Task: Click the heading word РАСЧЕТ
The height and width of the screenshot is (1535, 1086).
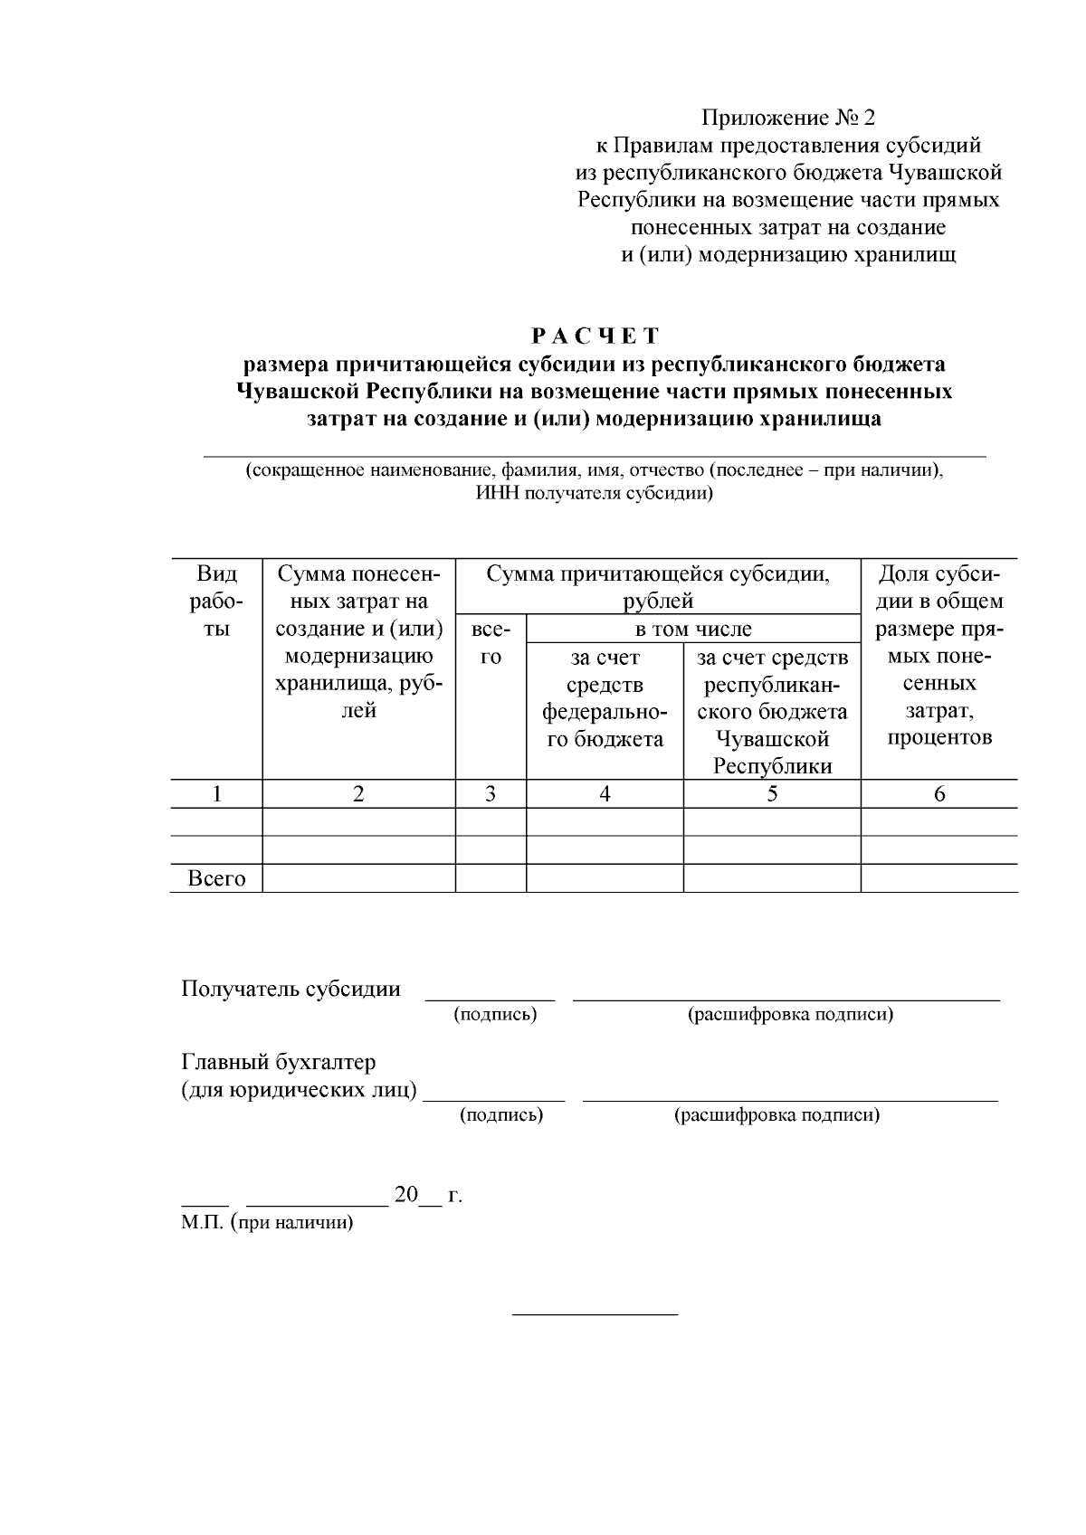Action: coord(595,336)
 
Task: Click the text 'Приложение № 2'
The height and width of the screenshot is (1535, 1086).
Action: coord(789,118)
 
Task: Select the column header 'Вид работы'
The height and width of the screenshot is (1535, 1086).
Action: coord(216,602)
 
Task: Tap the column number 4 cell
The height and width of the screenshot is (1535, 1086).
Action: coord(605,794)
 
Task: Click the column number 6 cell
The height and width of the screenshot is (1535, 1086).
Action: coord(938,794)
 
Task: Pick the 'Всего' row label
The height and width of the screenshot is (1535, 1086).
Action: coord(216,878)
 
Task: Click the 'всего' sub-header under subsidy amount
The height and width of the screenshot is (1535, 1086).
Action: coord(491,643)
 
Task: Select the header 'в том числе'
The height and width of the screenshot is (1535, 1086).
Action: coord(692,629)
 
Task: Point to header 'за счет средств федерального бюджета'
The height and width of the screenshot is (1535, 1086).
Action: coord(604,698)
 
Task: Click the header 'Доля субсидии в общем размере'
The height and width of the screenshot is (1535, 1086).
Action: coord(938,656)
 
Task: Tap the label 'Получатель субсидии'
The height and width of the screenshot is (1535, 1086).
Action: coord(291,989)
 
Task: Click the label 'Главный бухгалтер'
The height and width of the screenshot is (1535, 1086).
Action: coord(279,1062)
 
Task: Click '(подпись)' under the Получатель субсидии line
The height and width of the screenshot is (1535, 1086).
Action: coord(495,1014)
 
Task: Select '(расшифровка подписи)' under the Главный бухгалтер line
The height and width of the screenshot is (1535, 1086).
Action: coord(776,1115)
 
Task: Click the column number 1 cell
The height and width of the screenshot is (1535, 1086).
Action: coord(216,794)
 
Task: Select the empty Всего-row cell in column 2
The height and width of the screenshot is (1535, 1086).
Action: coord(358,878)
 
